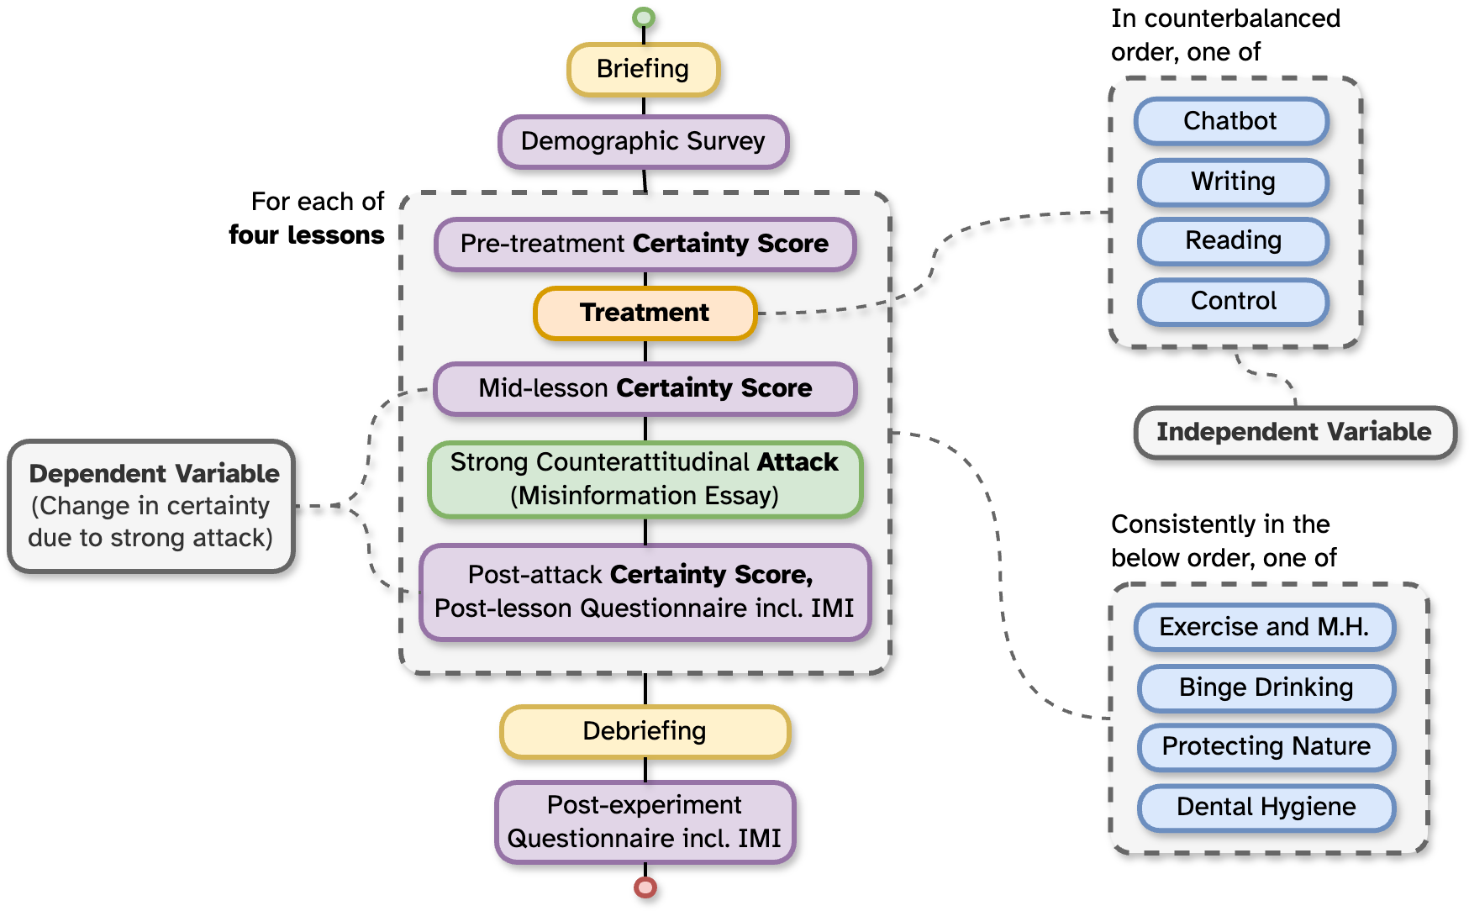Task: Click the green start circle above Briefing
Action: click(644, 17)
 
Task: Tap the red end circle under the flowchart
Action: click(645, 887)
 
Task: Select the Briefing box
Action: click(643, 69)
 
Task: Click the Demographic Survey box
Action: click(643, 141)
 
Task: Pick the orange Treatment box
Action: click(645, 313)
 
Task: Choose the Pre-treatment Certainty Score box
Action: click(645, 244)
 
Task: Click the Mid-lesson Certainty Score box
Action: click(645, 388)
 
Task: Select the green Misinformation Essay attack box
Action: click(645, 479)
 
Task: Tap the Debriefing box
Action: click(645, 731)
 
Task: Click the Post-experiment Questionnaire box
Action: click(645, 822)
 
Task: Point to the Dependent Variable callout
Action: click(151, 506)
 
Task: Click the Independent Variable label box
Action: click(1293, 432)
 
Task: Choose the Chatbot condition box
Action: click(1230, 121)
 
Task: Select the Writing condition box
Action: click(1233, 182)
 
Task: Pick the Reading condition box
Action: click(1233, 241)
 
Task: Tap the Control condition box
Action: click(1233, 301)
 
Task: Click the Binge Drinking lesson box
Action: click(1266, 687)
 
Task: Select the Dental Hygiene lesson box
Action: click(1266, 807)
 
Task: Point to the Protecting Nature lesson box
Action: click(1266, 746)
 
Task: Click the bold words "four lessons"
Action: click(306, 235)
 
